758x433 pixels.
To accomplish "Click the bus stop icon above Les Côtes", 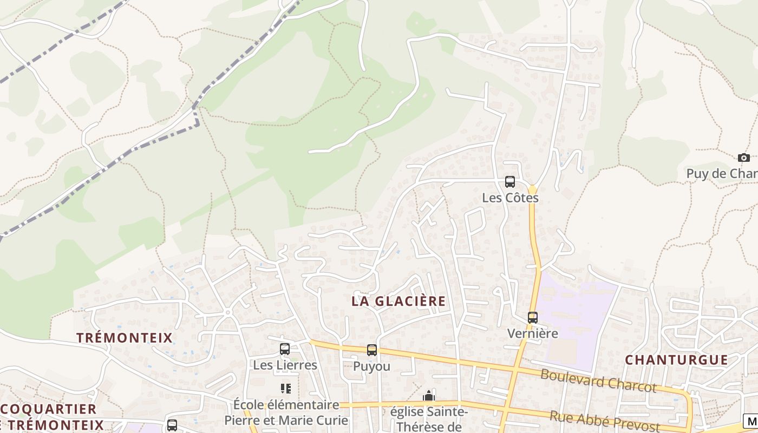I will coord(510,182).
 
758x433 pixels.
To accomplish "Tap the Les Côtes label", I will coord(510,198).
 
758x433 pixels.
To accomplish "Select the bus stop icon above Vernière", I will coord(533,318).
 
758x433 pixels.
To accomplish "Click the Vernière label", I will coord(533,333).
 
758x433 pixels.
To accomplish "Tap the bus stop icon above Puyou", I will coord(372,350).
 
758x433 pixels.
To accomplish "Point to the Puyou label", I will coord(372,366).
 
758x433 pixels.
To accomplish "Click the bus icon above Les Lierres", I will coord(285,349).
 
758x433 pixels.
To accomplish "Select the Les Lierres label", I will coord(285,365).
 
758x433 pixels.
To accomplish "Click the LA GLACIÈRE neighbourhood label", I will coord(399,301).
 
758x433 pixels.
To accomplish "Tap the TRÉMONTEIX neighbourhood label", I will coord(125,338).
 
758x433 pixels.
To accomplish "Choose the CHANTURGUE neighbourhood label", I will coord(677,360).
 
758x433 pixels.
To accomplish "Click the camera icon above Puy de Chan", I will coord(744,158).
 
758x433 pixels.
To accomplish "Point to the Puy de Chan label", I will coord(722,174).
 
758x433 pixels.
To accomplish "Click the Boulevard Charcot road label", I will coord(598,380).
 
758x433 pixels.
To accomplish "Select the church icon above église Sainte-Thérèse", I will coord(429,396).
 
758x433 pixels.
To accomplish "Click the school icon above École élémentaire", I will coord(286,388).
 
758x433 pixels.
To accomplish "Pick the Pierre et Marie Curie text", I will coord(286,421).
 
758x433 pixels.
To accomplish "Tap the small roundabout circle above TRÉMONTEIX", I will coord(228,312).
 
